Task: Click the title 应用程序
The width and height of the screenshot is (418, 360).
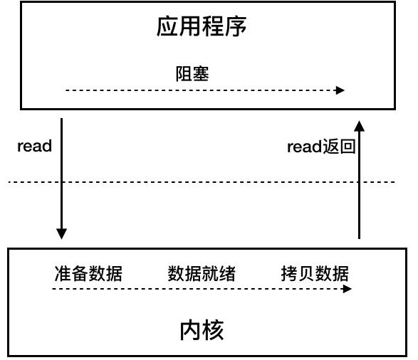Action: point(202,26)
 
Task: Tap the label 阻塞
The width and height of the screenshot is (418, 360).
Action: point(192,73)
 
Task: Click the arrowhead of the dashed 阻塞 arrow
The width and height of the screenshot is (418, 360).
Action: point(340,90)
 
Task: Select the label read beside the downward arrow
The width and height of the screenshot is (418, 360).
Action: point(34,146)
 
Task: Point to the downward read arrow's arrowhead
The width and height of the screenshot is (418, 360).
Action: point(61,234)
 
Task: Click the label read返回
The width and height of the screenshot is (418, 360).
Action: point(321,147)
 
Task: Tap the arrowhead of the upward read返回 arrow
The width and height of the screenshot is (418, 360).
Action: point(359,126)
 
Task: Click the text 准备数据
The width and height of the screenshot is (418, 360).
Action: point(88,273)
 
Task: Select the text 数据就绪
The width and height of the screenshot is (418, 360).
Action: point(202,273)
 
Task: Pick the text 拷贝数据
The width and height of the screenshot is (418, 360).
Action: point(315,273)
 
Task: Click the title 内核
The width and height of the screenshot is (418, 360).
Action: point(202,330)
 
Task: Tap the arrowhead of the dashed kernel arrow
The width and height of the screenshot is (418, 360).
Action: point(347,289)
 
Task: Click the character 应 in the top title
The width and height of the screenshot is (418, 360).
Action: point(167,26)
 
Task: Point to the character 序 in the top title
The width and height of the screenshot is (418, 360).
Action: point(236,26)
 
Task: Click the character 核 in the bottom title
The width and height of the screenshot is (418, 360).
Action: point(213,330)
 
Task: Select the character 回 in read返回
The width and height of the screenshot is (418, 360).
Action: point(348,147)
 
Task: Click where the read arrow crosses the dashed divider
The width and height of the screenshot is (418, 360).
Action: point(61,182)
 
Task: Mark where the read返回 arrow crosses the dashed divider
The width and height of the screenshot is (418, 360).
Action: point(359,182)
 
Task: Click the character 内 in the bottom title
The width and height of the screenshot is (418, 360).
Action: point(191,330)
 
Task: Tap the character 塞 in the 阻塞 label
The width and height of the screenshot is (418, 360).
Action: point(201,73)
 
